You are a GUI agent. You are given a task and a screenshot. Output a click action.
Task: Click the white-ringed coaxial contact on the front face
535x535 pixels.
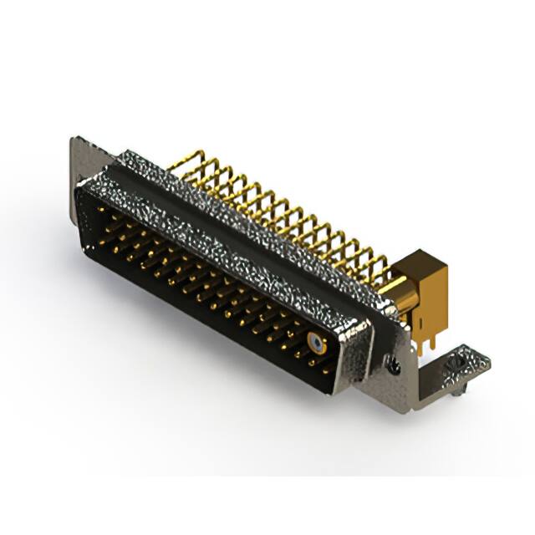(316, 342)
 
